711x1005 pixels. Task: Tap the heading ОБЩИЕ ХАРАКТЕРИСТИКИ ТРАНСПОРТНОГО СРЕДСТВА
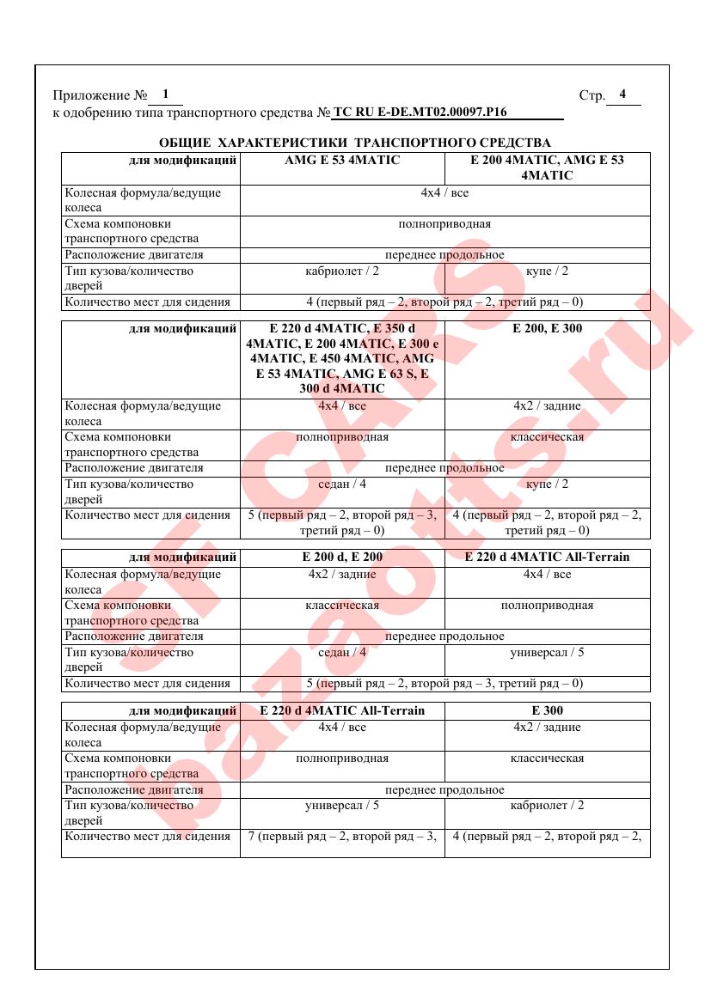(355, 143)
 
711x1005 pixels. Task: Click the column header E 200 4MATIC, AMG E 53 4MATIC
(547, 167)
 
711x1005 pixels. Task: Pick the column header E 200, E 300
(547, 328)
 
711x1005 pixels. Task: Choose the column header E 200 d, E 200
(342, 557)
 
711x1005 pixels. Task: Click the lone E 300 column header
(547, 710)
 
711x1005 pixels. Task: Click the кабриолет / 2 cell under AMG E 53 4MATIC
(342, 271)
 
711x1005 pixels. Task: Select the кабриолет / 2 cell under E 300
(547, 806)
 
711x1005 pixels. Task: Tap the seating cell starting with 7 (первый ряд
(342, 836)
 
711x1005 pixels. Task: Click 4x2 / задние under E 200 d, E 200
(342, 574)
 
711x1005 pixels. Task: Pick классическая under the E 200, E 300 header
(547, 437)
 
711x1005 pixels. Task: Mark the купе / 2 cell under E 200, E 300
(547, 484)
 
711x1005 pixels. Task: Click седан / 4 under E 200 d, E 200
(342, 653)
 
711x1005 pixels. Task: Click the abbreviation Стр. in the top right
(591, 95)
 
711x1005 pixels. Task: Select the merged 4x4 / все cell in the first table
(444, 193)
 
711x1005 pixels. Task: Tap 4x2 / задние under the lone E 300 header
(547, 728)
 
